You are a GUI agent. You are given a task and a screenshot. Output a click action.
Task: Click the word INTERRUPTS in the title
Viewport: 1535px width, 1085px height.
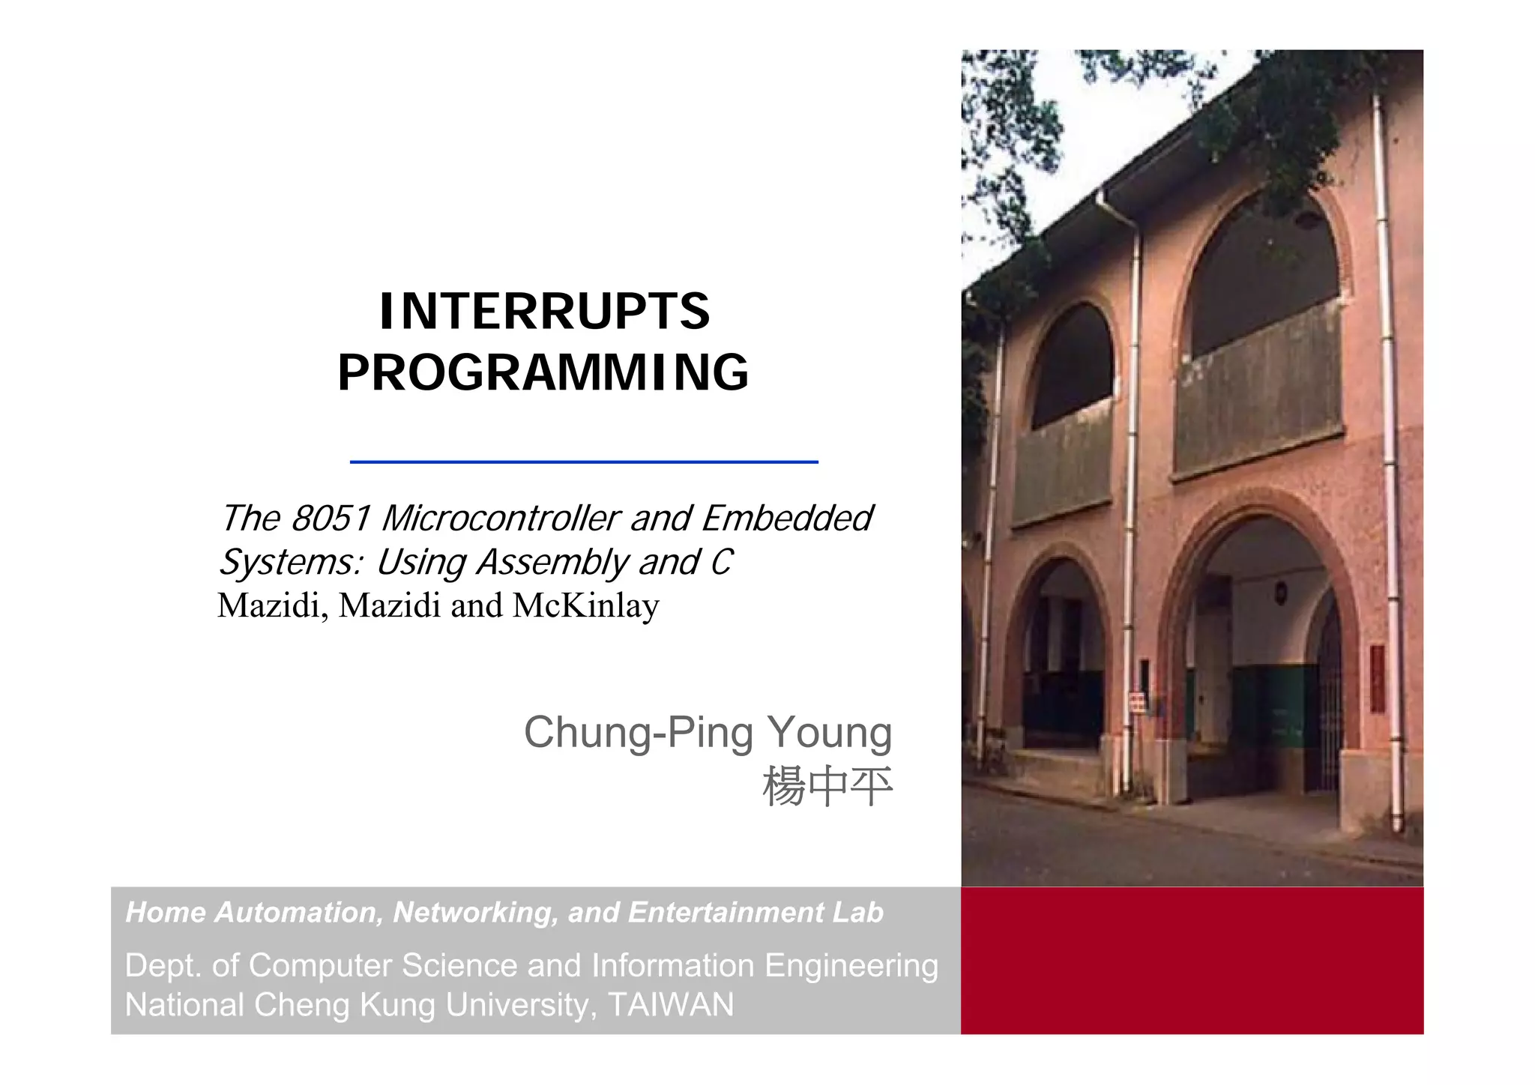coord(544,312)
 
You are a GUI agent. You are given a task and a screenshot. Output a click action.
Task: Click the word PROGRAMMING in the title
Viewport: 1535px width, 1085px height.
coord(543,373)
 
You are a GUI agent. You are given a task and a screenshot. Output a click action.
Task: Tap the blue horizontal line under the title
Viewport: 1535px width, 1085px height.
coord(583,462)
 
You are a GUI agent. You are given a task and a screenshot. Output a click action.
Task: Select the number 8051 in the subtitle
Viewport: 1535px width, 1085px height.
coord(331,519)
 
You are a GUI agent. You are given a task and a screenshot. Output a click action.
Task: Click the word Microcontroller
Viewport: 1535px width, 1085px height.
coord(500,519)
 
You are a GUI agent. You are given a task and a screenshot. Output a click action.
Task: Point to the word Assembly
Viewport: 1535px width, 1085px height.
coord(552,563)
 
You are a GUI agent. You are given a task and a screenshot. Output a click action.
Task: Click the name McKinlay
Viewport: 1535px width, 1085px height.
coord(585,605)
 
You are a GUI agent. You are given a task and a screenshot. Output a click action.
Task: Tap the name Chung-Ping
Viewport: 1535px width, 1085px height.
coord(638,733)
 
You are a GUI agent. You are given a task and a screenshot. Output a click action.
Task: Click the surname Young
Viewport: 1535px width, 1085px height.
coord(829,733)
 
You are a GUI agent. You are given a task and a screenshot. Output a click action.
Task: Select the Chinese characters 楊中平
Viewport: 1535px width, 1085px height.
coord(827,787)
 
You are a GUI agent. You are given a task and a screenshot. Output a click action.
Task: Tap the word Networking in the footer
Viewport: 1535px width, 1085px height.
coord(475,913)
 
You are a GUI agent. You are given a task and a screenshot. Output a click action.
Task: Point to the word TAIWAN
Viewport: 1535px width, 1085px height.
coord(671,1005)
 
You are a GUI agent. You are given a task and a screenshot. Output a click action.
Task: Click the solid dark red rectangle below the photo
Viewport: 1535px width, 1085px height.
coord(1192,961)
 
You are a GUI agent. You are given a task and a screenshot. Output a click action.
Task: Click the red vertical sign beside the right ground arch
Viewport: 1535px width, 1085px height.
coord(1377,678)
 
